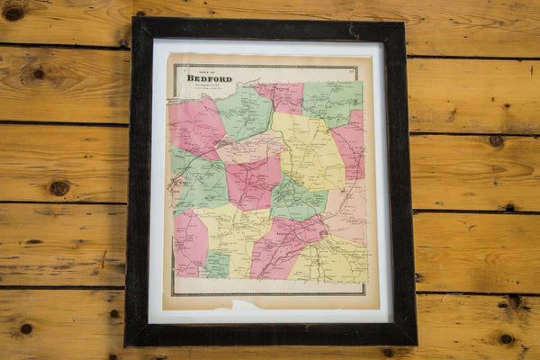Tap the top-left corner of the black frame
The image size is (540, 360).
(x=134, y=20)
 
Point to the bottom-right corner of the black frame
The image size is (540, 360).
(x=416, y=342)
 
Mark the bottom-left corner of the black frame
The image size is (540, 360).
(x=127, y=345)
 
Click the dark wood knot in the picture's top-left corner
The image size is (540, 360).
(x=13, y=12)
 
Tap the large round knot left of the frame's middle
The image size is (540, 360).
(x=58, y=188)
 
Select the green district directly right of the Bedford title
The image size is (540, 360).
(x=245, y=112)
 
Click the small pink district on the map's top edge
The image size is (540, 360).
(x=281, y=94)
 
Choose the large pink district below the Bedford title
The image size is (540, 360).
(x=194, y=126)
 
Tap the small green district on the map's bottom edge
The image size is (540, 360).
(x=217, y=265)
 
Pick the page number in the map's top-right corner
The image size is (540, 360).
(x=352, y=68)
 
